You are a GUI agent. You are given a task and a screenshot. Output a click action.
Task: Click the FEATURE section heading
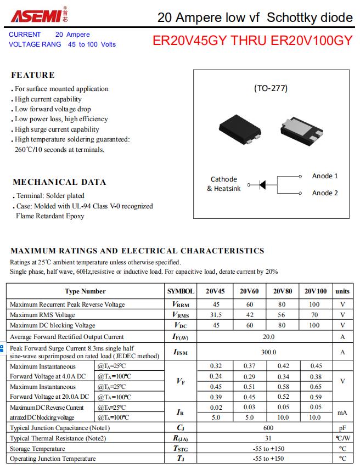pos(33,75)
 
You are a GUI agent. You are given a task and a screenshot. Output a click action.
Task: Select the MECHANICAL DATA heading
pos(59,182)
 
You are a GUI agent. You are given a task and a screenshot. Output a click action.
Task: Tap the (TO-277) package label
pos(271,88)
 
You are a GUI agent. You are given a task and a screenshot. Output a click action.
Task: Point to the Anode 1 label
pos(325,176)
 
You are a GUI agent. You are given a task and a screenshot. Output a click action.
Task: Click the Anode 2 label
pos(325,193)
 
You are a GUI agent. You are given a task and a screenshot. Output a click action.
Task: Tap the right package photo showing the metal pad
pos(300,131)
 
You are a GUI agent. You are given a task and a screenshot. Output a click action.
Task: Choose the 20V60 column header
pos(249,291)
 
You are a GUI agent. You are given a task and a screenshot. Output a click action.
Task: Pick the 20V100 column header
pos(316,291)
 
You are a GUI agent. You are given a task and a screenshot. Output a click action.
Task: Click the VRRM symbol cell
pos(181,304)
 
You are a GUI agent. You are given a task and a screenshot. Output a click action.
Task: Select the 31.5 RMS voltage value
pos(216,315)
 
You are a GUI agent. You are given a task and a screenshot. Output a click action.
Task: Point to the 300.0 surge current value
pos(268,352)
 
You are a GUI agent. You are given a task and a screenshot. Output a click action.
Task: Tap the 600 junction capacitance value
pos(268,428)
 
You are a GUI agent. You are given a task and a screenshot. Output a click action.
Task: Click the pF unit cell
pos(342,428)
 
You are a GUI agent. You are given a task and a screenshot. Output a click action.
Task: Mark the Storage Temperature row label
pos(37,449)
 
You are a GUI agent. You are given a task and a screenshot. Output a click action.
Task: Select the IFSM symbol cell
pos(181,352)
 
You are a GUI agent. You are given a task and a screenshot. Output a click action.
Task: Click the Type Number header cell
pos(85,291)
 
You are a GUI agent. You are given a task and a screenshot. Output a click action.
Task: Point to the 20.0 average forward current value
pos(268,337)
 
